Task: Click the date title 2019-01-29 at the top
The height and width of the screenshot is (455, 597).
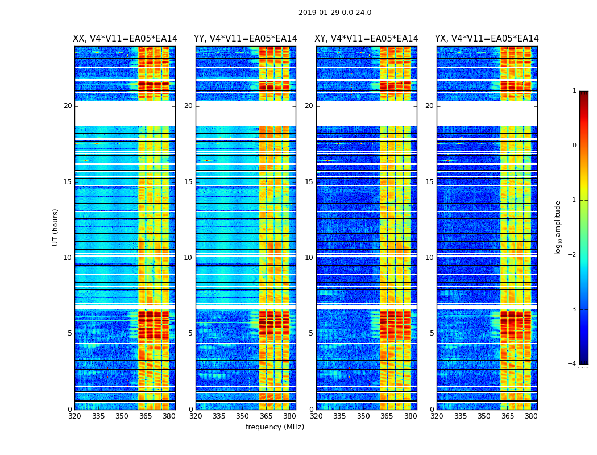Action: point(334,13)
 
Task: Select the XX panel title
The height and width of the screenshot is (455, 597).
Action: point(125,39)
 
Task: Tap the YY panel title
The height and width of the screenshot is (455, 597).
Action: point(246,39)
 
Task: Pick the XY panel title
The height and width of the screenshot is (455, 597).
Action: point(367,39)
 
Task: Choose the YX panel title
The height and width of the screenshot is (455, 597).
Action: point(487,39)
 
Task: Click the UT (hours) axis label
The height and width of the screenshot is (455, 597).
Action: point(56,227)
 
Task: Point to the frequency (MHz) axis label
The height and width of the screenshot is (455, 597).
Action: point(275,427)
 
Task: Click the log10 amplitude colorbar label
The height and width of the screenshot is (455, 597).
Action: point(558,227)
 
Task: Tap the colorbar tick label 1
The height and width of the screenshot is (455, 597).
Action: point(574,91)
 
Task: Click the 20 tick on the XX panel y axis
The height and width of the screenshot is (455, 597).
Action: point(68,106)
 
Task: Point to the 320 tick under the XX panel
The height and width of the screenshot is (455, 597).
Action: point(74,416)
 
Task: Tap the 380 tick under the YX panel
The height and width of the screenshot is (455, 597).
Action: point(531,416)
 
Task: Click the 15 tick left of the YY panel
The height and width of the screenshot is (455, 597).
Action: point(188,182)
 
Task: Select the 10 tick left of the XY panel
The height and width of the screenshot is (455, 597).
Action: point(309,258)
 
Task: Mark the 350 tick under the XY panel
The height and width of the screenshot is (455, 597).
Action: point(363,416)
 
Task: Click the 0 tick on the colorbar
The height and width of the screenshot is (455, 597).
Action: point(574,146)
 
